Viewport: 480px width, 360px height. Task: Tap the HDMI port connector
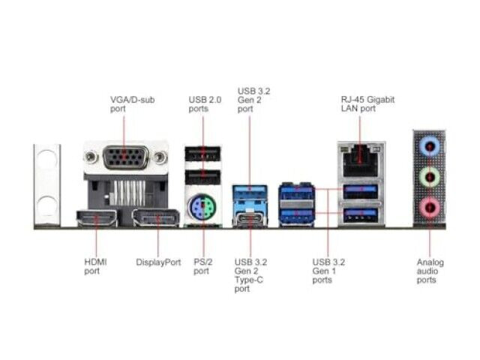click(97, 218)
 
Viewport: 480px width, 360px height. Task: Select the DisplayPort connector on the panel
click(156, 218)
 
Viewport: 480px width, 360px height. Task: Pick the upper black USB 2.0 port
click(202, 154)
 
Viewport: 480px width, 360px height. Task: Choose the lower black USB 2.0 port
click(202, 177)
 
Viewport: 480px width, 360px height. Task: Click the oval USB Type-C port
click(250, 219)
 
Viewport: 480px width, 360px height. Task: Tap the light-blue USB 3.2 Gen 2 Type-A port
click(250, 193)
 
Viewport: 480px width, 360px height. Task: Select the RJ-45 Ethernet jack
click(361, 161)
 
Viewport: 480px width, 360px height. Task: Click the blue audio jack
click(430, 147)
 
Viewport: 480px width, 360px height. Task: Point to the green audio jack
click(430, 177)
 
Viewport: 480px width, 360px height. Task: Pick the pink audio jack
click(430, 207)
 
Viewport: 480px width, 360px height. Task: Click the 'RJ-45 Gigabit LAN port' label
click(367, 104)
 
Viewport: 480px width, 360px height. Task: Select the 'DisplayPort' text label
click(158, 262)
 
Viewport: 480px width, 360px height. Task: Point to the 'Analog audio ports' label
click(430, 271)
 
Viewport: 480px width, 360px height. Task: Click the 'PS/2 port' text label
click(203, 267)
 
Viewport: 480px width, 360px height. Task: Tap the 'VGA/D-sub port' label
click(132, 104)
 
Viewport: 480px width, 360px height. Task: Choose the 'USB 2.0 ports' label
click(205, 104)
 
